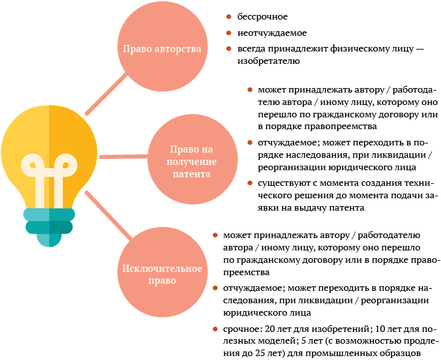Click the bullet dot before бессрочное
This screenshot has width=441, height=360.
coord(228,16)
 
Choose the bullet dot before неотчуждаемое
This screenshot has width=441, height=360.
coord(228,33)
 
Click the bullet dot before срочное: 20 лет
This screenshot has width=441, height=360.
coord(215,329)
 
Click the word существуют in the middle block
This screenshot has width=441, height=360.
coord(281,183)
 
